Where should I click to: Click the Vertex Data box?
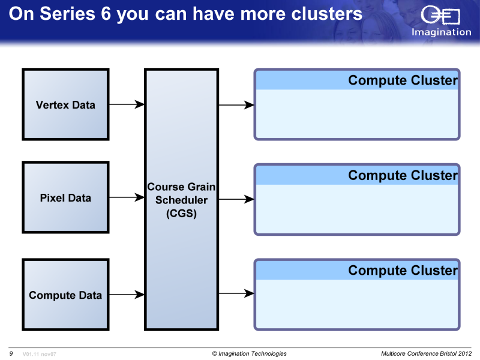[65, 104]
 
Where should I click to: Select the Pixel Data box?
[65, 197]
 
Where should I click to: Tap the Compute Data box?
[65, 295]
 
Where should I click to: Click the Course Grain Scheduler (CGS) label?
[181, 200]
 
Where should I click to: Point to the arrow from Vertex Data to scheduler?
[127, 104]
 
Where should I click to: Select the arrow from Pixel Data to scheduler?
[127, 197]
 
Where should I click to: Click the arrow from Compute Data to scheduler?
[127, 295]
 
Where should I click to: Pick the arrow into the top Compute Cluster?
[236, 105]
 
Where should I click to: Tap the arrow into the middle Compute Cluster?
[236, 199]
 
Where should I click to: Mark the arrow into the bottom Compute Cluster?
[236, 293]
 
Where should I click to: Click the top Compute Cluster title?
[403, 80]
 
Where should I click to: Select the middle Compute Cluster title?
[403, 175]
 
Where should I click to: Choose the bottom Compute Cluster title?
[403, 271]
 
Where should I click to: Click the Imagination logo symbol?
[440, 14]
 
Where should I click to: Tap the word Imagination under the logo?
[441, 32]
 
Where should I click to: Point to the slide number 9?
[11, 353]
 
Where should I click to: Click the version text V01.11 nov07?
[39, 354]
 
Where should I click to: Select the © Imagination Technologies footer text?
[249, 353]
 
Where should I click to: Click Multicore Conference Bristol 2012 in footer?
[426, 353]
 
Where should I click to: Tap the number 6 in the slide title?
[106, 14]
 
